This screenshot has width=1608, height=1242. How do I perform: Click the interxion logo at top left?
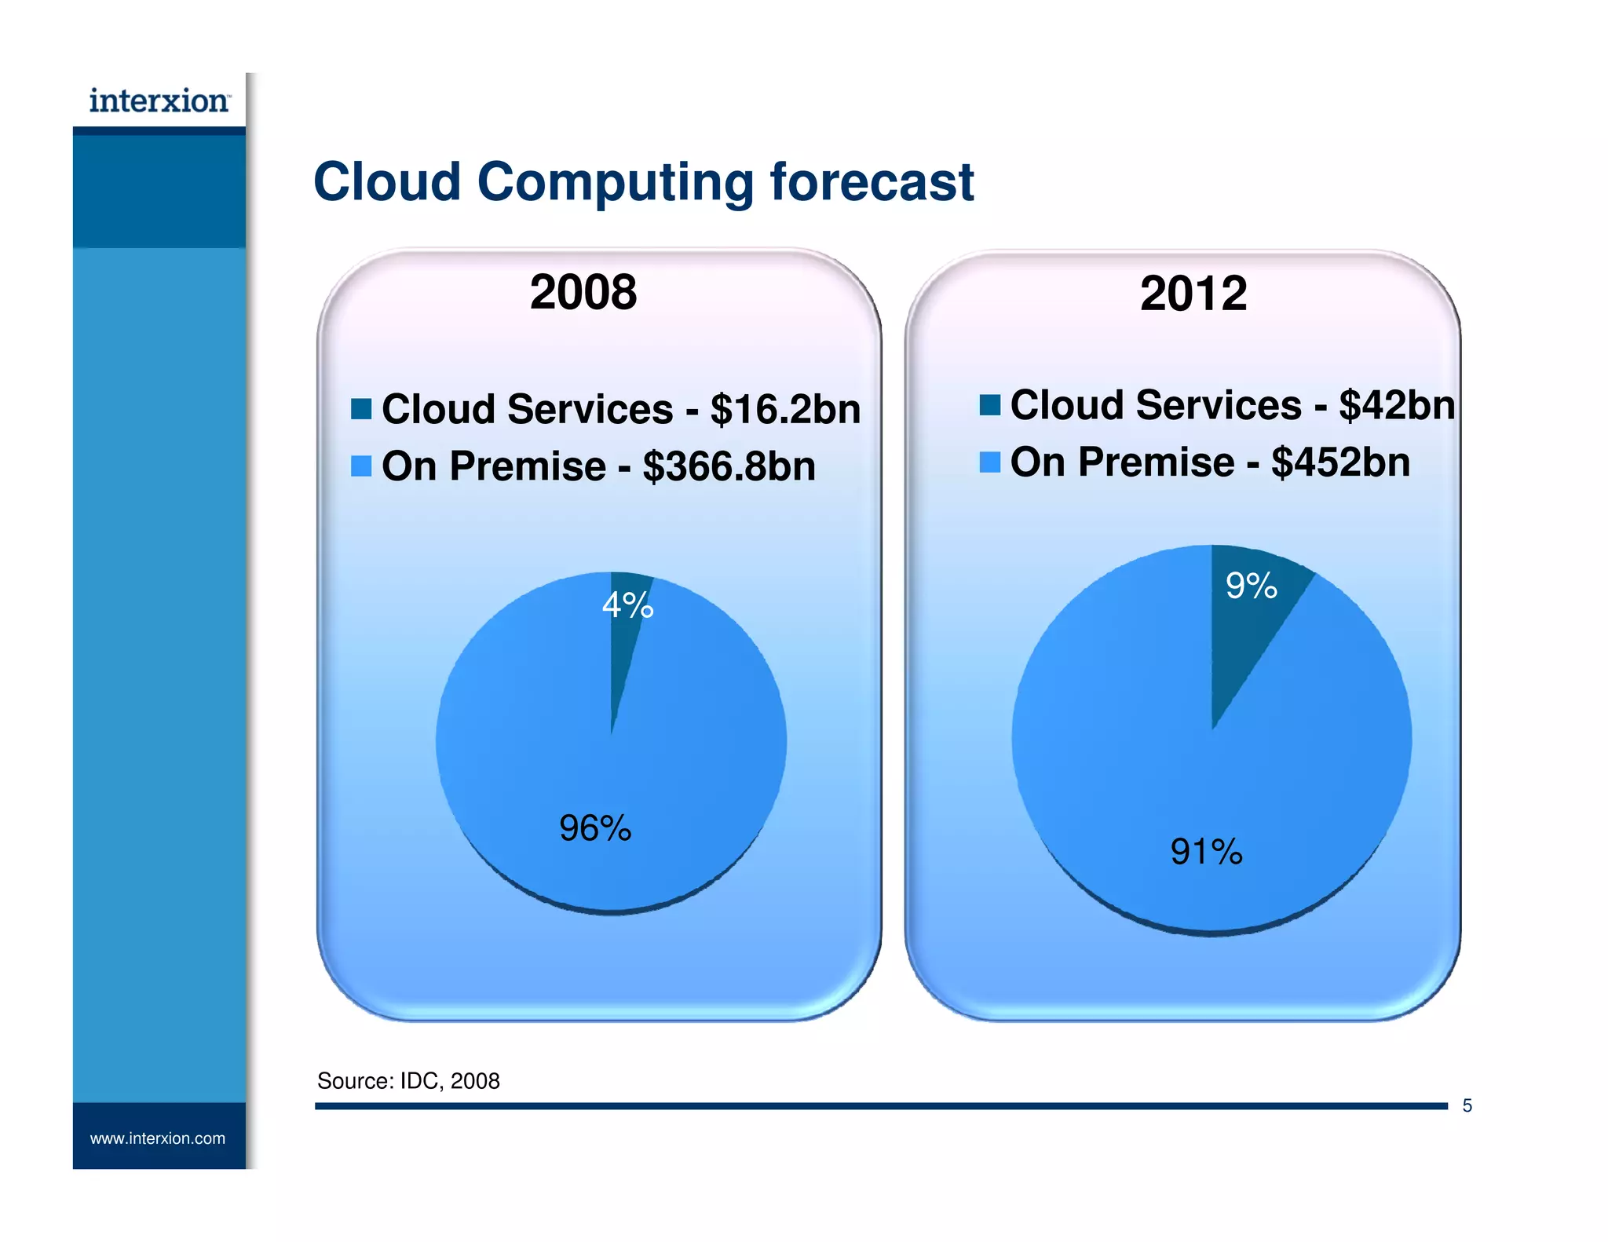(x=159, y=101)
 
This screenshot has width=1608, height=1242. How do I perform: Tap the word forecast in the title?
(x=872, y=182)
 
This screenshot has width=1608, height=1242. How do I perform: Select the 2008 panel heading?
(x=583, y=292)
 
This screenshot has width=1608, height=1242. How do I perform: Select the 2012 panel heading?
(x=1193, y=294)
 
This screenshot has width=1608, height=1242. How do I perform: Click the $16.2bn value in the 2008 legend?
(x=785, y=410)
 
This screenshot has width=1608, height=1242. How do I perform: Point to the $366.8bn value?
(x=729, y=466)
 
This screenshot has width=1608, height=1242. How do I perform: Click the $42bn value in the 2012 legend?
(x=1397, y=405)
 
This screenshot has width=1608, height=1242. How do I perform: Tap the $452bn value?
(x=1340, y=462)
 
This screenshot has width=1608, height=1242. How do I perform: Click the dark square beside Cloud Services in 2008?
(x=361, y=409)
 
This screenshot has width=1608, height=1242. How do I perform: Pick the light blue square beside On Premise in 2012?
(x=990, y=462)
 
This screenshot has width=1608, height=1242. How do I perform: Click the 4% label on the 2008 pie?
(x=627, y=605)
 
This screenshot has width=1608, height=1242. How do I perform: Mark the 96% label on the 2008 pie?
(x=594, y=828)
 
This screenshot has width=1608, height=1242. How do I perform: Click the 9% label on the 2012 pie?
(x=1251, y=586)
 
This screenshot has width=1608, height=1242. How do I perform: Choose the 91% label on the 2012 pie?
(x=1206, y=852)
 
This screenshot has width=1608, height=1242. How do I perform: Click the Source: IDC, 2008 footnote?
(x=408, y=1081)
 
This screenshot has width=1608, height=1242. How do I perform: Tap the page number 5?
(x=1467, y=1105)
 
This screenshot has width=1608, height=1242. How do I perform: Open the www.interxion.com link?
(x=158, y=1138)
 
